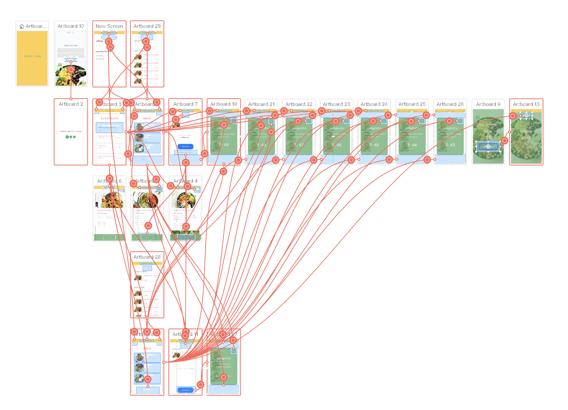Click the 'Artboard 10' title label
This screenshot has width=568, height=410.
coord(71,26)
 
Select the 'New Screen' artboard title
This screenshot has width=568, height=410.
coord(109,26)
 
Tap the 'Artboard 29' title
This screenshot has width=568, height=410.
coord(147,26)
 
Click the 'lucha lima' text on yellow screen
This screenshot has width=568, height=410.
coord(32,56)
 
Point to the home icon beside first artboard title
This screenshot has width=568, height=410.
coord(22,26)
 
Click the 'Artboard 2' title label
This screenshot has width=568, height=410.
coord(71,104)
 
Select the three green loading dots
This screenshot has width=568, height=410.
coord(71,137)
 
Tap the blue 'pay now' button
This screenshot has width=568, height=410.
coord(185,147)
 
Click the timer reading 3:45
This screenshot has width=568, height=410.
coord(374,145)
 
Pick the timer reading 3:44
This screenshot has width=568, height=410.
coord(412,145)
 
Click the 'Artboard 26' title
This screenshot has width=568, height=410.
coord(450,104)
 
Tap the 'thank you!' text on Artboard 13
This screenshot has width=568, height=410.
coord(526,134)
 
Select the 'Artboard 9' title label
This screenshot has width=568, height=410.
coord(488,104)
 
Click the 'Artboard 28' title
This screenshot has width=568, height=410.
coord(147,257)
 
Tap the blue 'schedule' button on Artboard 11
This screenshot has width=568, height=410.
coord(185,390)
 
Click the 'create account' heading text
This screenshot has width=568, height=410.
coord(71,45)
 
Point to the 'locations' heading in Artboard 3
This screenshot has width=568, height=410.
coord(109,118)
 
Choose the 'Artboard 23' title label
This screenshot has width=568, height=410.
coord(336,104)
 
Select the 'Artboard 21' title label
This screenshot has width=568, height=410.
coord(261,104)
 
